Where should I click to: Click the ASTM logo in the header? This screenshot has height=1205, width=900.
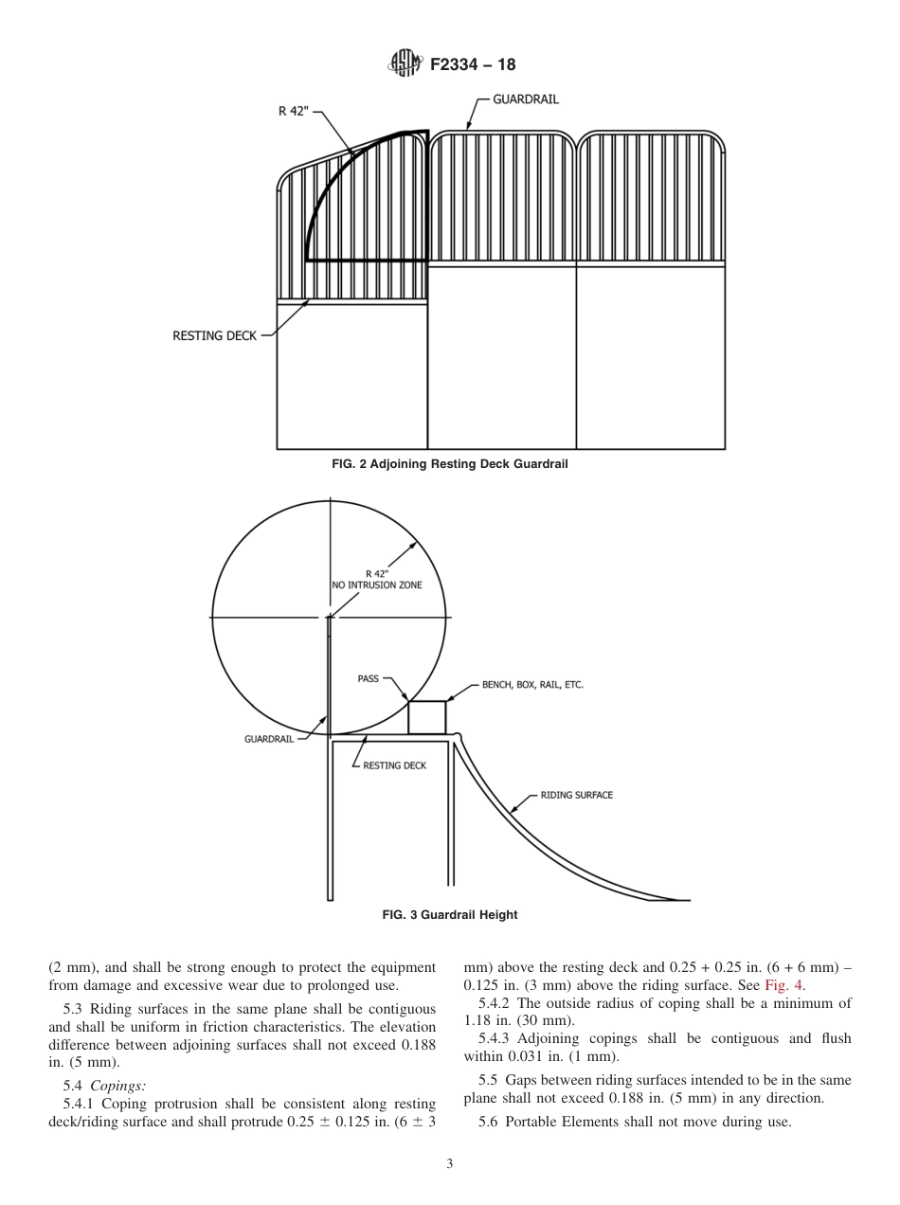click(404, 64)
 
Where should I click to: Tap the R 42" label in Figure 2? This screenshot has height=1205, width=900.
click(295, 111)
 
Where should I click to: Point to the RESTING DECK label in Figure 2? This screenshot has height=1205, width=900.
click(214, 335)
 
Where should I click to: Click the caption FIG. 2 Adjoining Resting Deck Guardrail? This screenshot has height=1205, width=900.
click(450, 464)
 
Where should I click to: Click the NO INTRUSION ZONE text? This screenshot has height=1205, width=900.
click(377, 585)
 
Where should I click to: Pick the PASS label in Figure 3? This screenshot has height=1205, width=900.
click(368, 678)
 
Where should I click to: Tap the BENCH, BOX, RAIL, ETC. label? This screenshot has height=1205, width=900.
click(532, 685)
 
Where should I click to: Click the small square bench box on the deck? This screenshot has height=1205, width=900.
click(426, 717)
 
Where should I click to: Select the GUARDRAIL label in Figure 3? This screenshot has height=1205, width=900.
click(269, 739)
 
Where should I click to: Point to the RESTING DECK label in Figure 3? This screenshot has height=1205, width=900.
click(395, 765)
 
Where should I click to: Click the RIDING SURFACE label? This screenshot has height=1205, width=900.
click(576, 795)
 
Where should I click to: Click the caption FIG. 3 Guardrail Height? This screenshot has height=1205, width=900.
click(450, 915)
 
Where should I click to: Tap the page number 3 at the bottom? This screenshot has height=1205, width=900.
click(450, 1164)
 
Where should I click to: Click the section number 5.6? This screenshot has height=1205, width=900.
click(489, 1123)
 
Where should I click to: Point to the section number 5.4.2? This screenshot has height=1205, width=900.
click(495, 1003)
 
